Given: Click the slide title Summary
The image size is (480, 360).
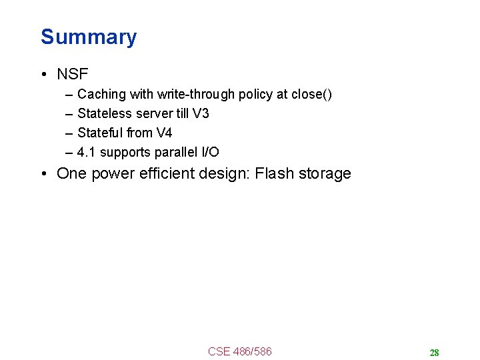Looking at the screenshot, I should click(88, 37).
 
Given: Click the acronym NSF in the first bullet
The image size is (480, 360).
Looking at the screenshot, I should click(72, 74).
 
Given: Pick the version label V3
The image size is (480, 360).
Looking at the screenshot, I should click(201, 113).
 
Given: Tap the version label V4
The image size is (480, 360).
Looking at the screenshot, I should click(164, 133).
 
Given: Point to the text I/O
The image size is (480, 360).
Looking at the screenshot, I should click(209, 152).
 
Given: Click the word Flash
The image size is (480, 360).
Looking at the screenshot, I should click(273, 174).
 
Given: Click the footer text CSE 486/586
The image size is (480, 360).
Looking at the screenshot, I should click(239, 351).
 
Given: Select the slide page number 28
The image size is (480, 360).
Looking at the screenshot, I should click(434, 353).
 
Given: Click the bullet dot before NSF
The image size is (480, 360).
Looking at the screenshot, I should click(44, 75).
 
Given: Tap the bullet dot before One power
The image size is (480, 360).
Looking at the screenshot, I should click(44, 175).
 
